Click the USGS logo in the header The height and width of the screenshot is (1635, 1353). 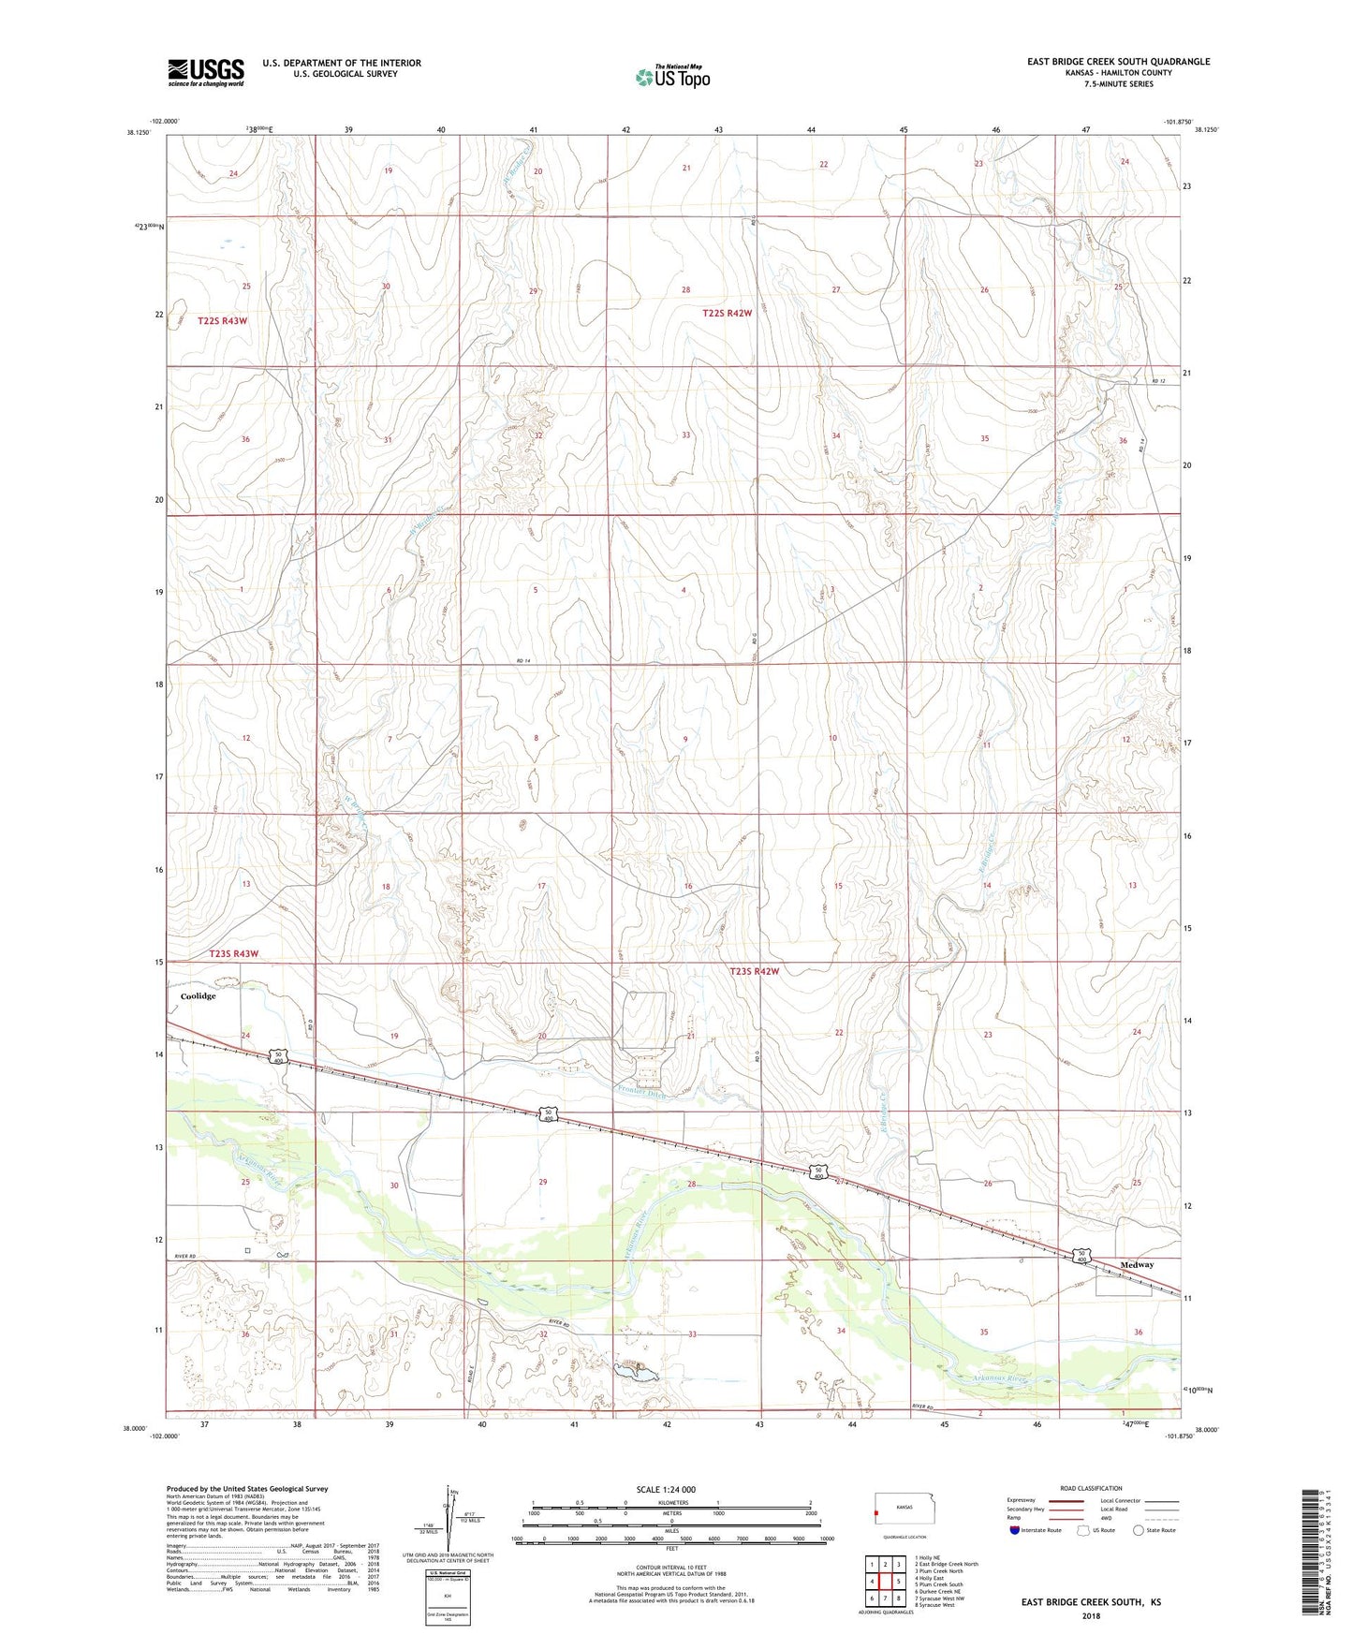(x=206, y=72)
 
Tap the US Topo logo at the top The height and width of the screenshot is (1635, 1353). (x=672, y=77)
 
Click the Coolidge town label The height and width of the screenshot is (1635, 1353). (x=198, y=996)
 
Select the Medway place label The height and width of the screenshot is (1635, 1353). (x=1137, y=1265)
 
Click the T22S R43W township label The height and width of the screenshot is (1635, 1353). (x=223, y=321)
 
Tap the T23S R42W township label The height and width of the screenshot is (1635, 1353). (x=754, y=972)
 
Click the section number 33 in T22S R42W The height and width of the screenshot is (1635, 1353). (x=685, y=435)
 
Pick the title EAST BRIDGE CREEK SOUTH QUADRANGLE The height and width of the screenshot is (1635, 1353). (x=1118, y=62)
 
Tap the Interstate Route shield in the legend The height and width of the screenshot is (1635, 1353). (x=1016, y=1531)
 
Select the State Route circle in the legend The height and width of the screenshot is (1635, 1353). (x=1139, y=1531)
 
